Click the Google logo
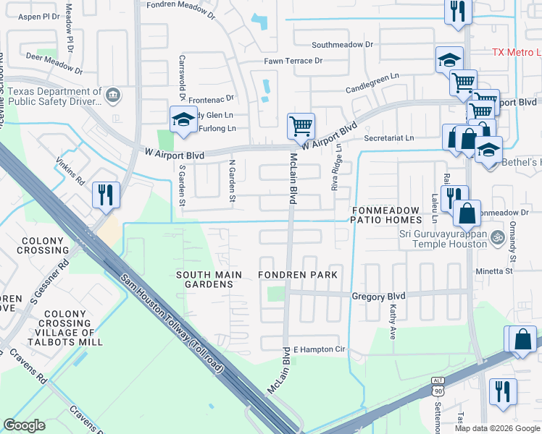point(25,425)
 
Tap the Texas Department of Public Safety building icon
point(113,95)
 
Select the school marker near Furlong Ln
point(183,120)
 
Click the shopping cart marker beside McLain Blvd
point(301,126)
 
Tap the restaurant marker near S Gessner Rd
point(106,195)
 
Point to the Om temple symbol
point(497,236)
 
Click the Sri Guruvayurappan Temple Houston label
point(443,239)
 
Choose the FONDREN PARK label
point(298,276)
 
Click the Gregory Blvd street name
point(378,296)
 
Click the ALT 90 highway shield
point(437,390)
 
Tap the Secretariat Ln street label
point(389,137)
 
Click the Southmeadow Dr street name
point(342,44)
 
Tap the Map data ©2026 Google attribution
point(497,428)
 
